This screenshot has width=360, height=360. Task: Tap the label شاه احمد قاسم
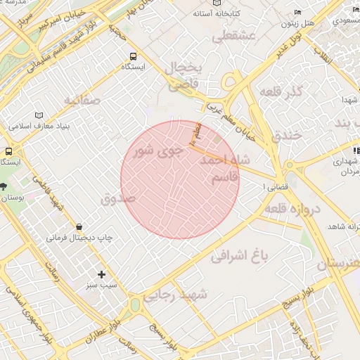click(225, 169)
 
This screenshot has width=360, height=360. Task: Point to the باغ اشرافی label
click(240, 257)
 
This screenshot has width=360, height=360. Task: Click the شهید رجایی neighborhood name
click(176, 296)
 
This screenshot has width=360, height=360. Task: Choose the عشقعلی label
click(229, 36)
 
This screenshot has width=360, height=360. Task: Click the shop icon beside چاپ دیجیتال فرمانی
click(80, 226)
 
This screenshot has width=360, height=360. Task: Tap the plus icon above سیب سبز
click(102, 274)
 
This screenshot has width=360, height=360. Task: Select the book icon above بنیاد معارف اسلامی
click(38, 115)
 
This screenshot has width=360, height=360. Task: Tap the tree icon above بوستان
click(4, 186)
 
